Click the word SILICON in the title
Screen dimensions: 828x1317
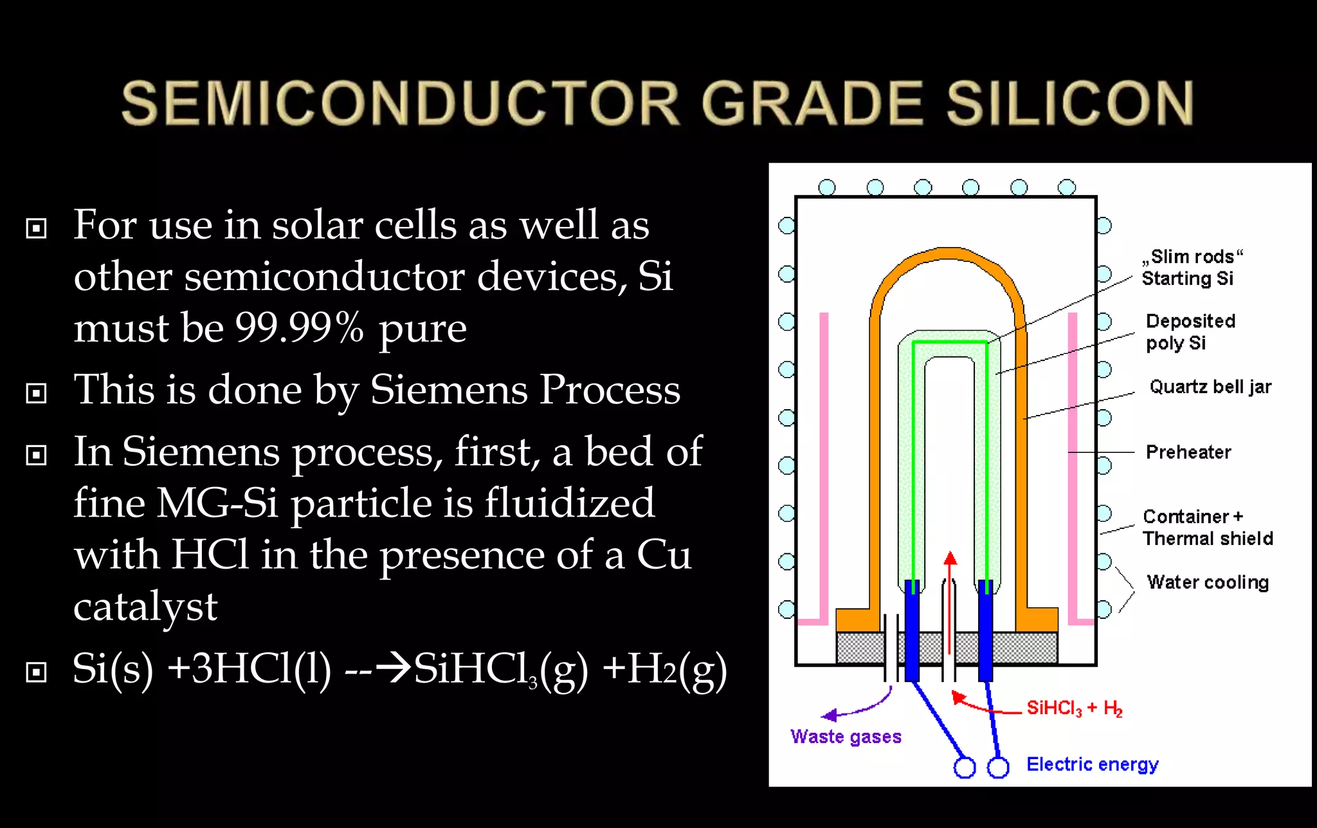(x=1069, y=103)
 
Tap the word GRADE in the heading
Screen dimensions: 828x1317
(x=812, y=103)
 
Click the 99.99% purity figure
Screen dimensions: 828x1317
(x=299, y=327)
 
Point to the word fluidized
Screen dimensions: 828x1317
(x=569, y=503)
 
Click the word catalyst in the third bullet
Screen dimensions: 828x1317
(x=145, y=606)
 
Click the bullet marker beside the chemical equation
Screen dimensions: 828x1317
(x=36, y=672)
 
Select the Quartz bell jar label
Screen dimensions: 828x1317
(x=1210, y=387)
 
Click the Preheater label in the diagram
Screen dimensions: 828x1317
(x=1188, y=452)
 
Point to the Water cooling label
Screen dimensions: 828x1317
(x=1208, y=582)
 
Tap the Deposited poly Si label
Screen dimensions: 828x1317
(x=1190, y=332)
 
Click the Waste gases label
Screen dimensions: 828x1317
(x=846, y=737)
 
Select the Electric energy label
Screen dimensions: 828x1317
(x=1092, y=764)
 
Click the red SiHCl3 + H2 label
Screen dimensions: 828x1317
(x=1074, y=708)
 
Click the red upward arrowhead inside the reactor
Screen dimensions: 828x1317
(x=950, y=558)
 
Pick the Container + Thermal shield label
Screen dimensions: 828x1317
(x=1207, y=528)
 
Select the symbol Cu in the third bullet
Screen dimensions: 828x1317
(x=664, y=555)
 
